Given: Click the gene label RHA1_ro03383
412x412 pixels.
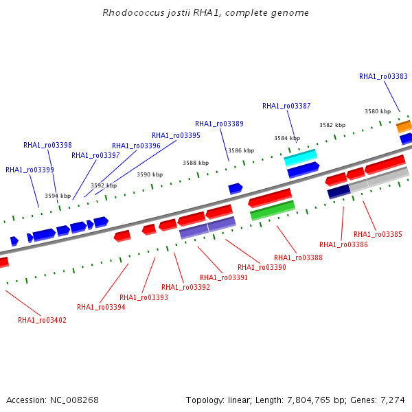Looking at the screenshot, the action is (x=383, y=76).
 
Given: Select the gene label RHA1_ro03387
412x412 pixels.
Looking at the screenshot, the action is (x=286, y=106).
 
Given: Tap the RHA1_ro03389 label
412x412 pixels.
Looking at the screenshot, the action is (x=219, y=124).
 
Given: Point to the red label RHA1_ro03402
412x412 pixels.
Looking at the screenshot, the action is (x=42, y=320).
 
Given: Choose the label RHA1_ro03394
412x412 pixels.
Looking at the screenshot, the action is (x=101, y=307).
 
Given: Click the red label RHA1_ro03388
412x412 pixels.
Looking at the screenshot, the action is (x=298, y=257).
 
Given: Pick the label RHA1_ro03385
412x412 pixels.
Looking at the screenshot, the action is (x=378, y=234).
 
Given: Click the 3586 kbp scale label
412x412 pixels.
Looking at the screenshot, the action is (x=241, y=150).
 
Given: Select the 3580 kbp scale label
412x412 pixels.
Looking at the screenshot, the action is (x=378, y=111).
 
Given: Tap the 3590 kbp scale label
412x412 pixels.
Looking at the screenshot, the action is (x=150, y=174).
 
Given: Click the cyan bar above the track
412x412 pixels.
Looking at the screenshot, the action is (x=301, y=158).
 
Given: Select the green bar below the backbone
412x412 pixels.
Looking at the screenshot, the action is (x=273, y=211).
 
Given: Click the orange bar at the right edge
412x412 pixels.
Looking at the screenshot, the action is (x=404, y=126).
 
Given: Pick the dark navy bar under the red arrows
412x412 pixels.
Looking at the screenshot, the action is (x=339, y=192).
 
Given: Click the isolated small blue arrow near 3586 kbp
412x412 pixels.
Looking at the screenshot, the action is (x=236, y=189).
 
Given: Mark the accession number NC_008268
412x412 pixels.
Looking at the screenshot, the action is (x=74, y=400).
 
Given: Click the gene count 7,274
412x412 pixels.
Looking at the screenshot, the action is (x=393, y=400).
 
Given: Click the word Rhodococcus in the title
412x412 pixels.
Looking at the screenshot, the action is (x=133, y=12).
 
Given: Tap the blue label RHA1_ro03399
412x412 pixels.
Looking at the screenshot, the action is (x=30, y=170).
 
